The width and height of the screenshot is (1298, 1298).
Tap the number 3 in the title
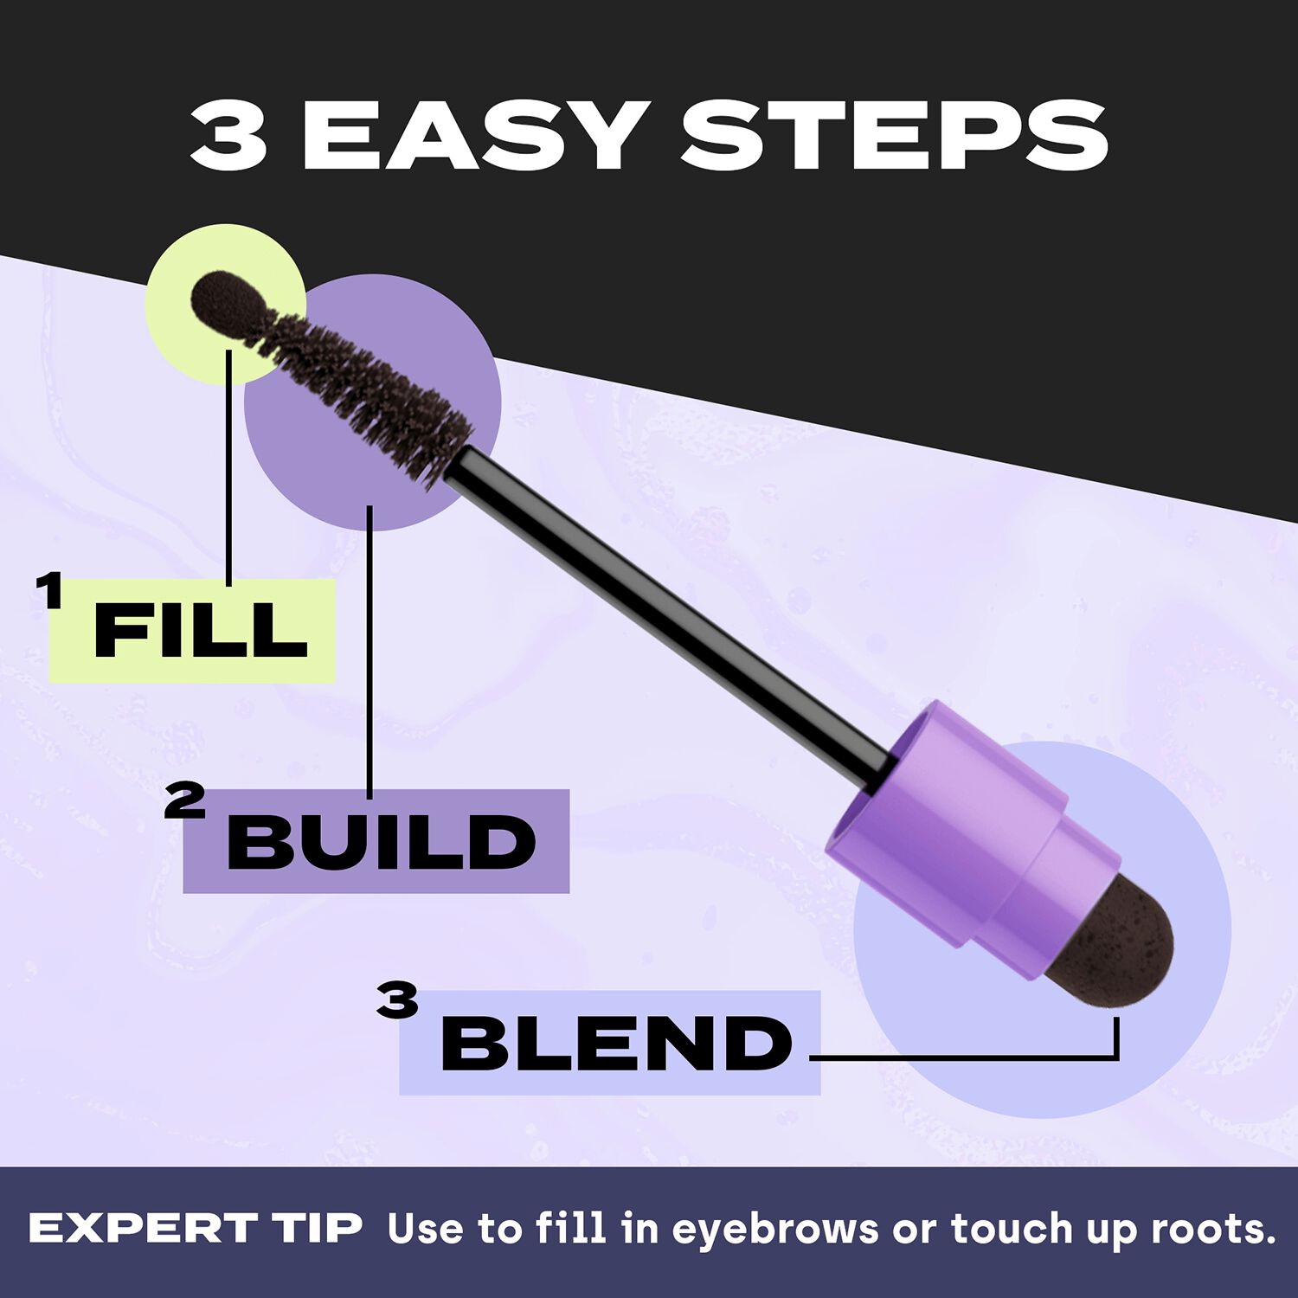228,136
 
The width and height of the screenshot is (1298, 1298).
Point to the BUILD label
381,842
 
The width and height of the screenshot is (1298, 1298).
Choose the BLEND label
616,1043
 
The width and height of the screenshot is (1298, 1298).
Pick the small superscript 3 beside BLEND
397,1001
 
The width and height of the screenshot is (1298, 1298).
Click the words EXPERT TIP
196,1228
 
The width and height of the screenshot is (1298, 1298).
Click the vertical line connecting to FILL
229,467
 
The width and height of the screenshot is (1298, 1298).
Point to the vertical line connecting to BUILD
369,649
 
